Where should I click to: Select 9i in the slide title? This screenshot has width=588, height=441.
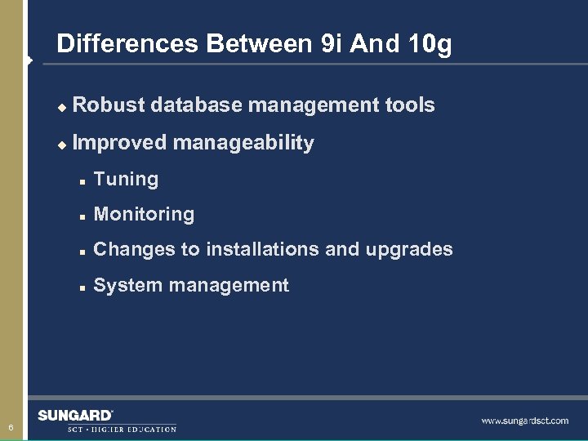[x=333, y=44]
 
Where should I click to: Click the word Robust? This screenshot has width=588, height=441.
[x=109, y=105]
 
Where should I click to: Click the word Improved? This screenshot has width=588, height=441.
[x=119, y=143]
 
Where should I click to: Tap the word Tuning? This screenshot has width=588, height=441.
[x=126, y=179]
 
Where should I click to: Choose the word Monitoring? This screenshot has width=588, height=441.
[x=144, y=214]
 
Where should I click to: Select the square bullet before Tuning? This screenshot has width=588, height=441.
[x=82, y=180]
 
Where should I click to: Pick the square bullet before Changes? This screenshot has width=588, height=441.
[x=82, y=251]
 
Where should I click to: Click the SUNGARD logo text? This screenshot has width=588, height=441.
[x=75, y=416]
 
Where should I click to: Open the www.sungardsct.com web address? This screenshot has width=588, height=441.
[x=524, y=421]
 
